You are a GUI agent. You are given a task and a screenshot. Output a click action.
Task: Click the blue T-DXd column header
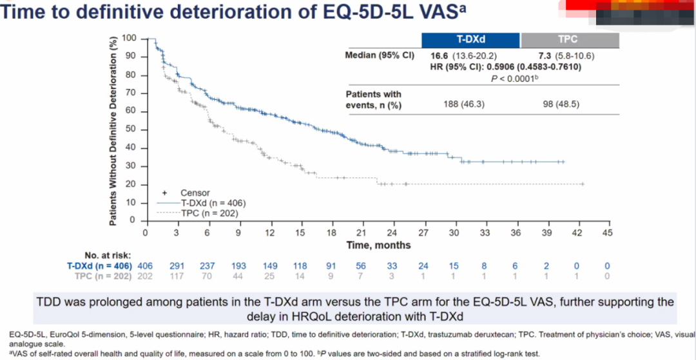(x=470, y=40)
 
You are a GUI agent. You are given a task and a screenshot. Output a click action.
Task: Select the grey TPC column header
(x=570, y=40)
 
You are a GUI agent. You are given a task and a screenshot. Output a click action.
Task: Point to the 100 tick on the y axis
(x=131, y=39)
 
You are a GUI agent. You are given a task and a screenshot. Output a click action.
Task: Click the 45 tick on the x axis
(x=606, y=232)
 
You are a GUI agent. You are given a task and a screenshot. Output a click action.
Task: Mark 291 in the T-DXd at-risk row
(x=177, y=265)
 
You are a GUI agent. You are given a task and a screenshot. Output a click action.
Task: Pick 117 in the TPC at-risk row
(x=177, y=276)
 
